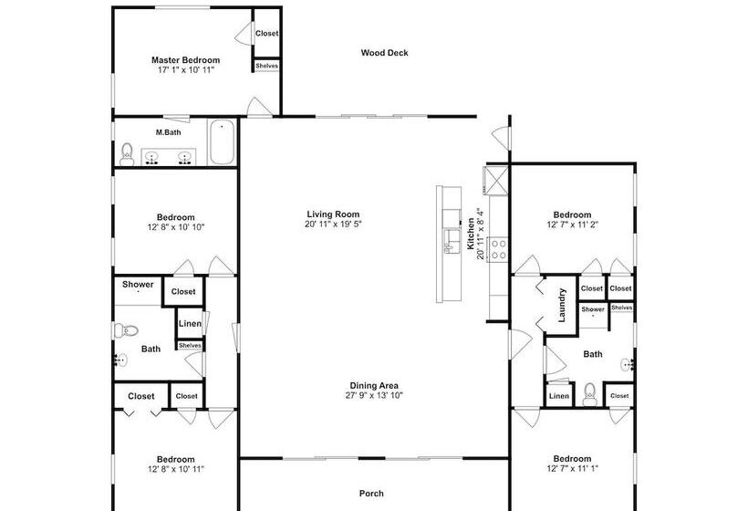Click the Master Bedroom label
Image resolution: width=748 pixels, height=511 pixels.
[185, 60]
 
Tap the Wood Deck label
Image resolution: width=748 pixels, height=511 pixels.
[385, 53]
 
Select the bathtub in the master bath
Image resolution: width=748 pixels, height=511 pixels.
[222, 141]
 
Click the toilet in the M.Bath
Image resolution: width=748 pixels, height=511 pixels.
[127, 154]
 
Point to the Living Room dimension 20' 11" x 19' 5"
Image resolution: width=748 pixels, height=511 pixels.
[333, 224]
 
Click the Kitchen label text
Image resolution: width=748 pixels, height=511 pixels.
[471, 234]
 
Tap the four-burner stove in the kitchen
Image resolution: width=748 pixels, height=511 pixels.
[499, 249]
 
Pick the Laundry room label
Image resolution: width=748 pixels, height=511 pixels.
[562, 305]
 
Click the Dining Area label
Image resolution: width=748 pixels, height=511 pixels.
[374, 385]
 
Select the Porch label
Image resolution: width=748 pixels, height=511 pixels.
[371, 494]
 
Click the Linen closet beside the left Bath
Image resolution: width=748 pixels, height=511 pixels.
[190, 324]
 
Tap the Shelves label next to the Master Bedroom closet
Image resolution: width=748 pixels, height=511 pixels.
[266, 66]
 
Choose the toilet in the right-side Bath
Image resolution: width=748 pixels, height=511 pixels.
[590, 393]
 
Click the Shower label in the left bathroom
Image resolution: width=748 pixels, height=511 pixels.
[138, 285]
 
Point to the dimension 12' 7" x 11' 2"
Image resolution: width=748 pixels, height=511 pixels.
[573, 224]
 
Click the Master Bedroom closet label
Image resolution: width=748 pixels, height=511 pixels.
[266, 34]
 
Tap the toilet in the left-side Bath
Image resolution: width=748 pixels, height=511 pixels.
[126, 330]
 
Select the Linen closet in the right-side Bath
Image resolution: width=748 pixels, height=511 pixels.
[559, 396]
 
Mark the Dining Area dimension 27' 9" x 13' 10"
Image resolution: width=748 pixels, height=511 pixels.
[374, 395]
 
